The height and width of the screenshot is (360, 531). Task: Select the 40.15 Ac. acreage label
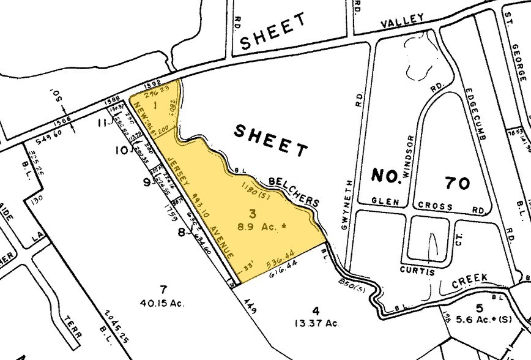pos(163,302)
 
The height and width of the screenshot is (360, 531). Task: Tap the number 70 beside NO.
pos(456,182)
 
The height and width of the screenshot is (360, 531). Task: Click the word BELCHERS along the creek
pos(294,191)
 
